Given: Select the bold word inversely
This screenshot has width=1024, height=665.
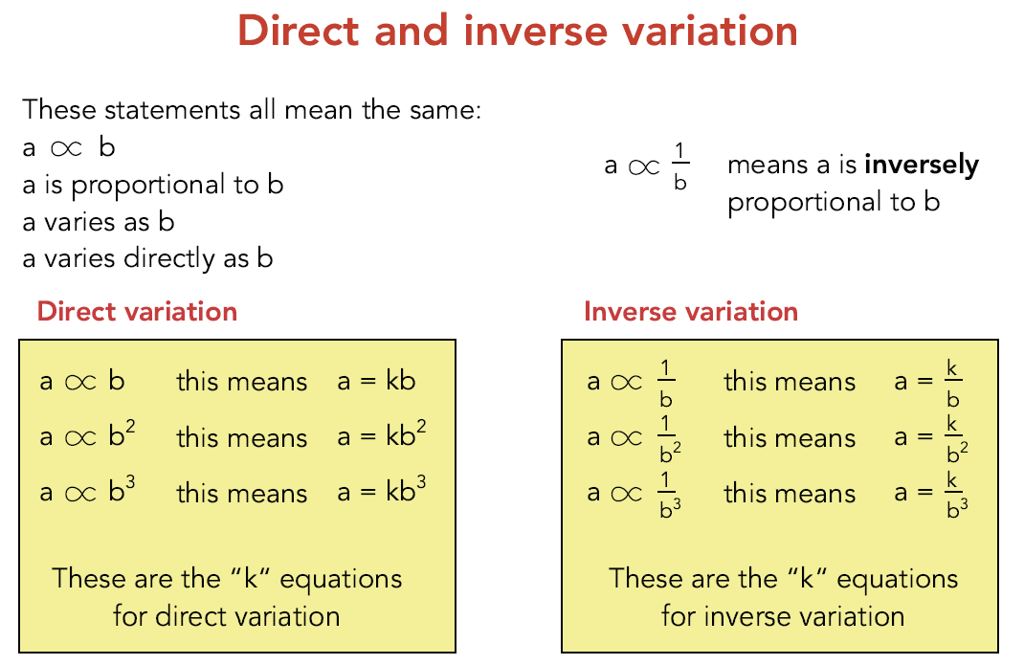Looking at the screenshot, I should (x=921, y=165).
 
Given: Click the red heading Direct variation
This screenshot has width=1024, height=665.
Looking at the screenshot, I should (x=137, y=311).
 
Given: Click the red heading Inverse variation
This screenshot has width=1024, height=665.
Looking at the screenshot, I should (x=690, y=311).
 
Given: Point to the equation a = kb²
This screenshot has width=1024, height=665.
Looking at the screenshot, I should (x=381, y=436).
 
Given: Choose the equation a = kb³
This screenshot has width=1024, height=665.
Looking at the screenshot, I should (x=381, y=492).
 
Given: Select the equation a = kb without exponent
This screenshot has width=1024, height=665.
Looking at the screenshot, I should (x=376, y=381).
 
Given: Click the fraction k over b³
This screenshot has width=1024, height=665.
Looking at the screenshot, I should (x=953, y=494).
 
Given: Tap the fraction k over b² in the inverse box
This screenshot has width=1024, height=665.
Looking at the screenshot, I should (x=953, y=438).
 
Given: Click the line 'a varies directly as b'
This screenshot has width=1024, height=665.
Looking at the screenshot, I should (x=148, y=258).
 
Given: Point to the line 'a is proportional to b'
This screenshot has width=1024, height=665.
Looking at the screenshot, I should (x=153, y=184).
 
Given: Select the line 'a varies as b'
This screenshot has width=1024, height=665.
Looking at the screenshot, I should (x=99, y=221).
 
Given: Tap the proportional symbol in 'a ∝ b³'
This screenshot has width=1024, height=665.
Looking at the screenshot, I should (x=81, y=494).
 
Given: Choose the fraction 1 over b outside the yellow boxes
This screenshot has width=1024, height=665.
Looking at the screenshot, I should (x=679, y=166).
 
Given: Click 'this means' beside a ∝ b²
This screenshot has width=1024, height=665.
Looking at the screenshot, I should (x=241, y=438).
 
